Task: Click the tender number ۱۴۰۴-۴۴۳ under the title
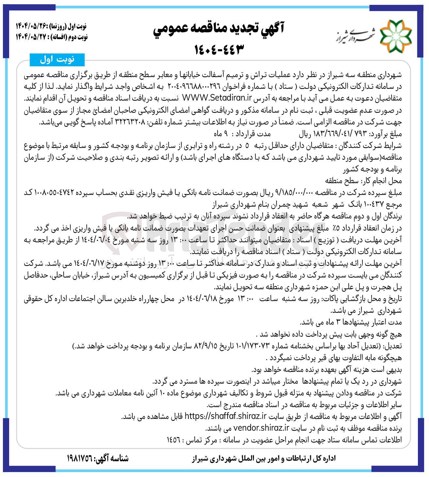click(219, 50)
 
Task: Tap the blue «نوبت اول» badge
click(57, 59)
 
